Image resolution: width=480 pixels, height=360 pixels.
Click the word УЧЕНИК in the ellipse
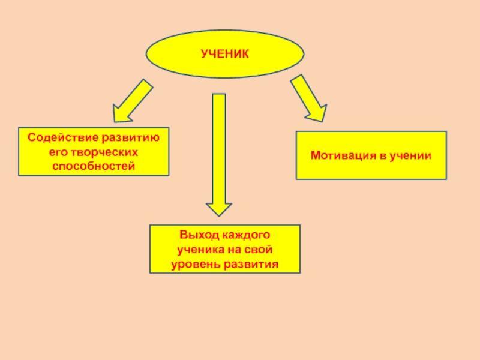(224, 55)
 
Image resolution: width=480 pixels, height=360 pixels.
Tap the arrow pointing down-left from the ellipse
(133, 98)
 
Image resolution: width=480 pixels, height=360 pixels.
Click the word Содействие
(53, 138)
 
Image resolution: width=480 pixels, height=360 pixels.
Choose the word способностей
(93, 164)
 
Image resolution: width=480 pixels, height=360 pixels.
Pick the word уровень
(193, 263)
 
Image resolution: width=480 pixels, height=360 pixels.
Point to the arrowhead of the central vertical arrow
(219, 208)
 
